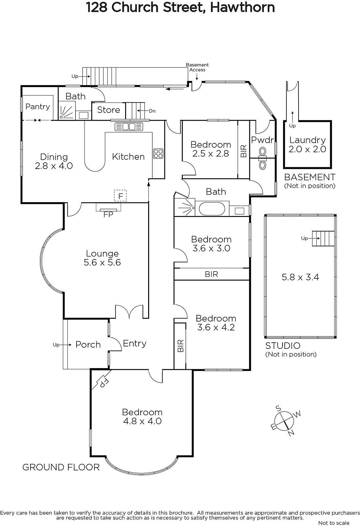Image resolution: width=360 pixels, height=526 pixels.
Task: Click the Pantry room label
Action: click(x=37, y=107)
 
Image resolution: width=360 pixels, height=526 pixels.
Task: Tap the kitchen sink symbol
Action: click(x=129, y=127)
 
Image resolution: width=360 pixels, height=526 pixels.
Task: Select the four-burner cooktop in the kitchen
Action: click(x=158, y=154)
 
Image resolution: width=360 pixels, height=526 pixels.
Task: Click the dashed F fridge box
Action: click(x=121, y=196)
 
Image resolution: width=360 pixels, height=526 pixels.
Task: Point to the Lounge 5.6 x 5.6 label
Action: click(x=102, y=258)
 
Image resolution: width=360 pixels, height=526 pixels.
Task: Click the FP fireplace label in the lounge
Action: click(x=108, y=214)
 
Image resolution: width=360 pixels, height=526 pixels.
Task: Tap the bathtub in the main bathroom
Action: click(x=212, y=208)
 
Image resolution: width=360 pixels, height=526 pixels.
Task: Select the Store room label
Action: click(x=108, y=110)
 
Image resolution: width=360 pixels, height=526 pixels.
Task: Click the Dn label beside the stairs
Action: click(x=152, y=111)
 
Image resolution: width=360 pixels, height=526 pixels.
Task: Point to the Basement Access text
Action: click(x=197, y=67)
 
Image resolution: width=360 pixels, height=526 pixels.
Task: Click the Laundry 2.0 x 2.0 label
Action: click(x=307, y=144)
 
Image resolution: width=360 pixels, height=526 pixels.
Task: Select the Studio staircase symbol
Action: click(x=323, y=239)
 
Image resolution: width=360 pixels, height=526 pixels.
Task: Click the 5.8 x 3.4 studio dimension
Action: click(x=301, y=277)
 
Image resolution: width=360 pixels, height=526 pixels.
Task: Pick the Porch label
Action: click(x=88, y=345)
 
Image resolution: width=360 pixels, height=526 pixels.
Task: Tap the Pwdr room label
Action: click(x=262, y=140)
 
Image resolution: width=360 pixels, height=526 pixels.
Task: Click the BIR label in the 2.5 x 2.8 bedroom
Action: click(x=244, y=151)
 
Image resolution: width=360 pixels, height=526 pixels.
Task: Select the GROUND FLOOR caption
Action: click(x=61, y=467)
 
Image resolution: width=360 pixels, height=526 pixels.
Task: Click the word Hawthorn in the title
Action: click(x=242, y=7)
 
